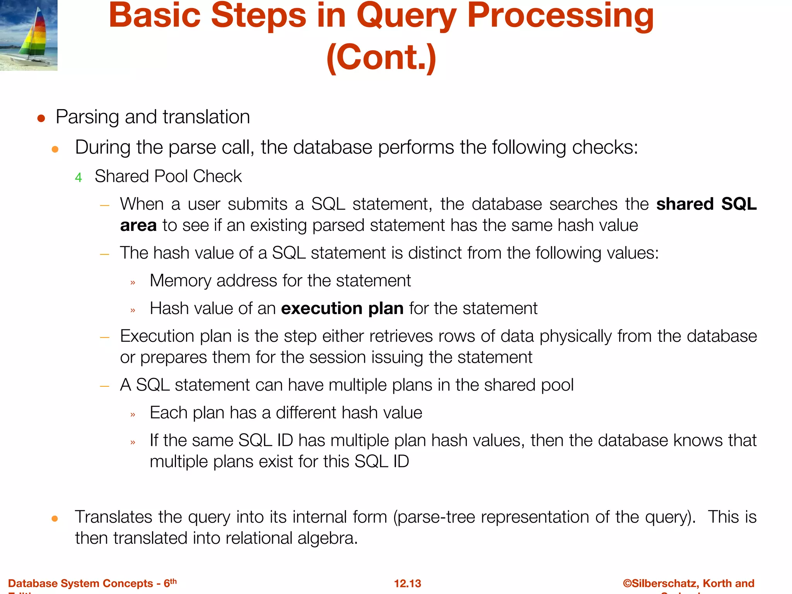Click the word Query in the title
406,16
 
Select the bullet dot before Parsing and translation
41,118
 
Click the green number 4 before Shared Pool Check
79,178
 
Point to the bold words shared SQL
706,204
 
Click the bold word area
138,225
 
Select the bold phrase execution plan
342,309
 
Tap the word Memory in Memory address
180,281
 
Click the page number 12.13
407,583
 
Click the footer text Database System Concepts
80,583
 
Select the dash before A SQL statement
104,386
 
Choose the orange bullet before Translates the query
55,519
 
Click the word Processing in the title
560,16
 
